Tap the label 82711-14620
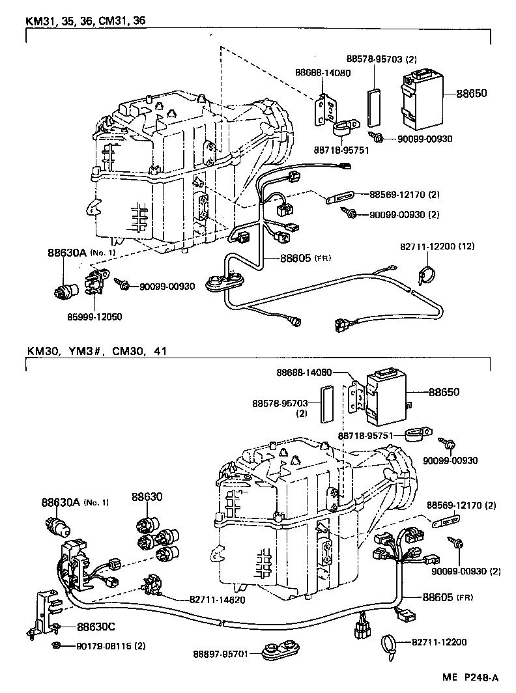(208, 599)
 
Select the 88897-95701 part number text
(220, 653)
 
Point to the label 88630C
(96, 627)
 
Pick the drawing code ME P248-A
(476, 677)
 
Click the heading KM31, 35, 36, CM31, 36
(85, 20)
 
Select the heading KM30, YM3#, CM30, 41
(96, 351)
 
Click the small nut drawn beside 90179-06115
(57, 645)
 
